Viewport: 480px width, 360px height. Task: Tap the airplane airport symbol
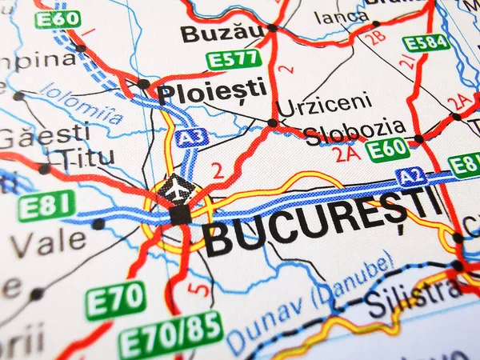[x=177, y=189]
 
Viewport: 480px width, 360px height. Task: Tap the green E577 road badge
[x=234, y=59]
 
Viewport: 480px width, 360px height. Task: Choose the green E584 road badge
[x=425, y=42]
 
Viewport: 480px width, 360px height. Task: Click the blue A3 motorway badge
[x=191, y=138]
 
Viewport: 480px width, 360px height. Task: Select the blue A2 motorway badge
[x=412, y=177]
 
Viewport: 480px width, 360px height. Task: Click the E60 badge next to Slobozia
[x=388, y=150]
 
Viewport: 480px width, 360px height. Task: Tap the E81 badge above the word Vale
[x=46, y=206]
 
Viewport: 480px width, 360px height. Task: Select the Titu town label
[x=87, y=157]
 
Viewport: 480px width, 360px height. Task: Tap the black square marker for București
[x=181, y=214]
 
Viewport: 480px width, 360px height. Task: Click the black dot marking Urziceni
[x=273, y=123]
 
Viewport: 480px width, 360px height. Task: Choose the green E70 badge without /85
[x=116, y=300]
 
